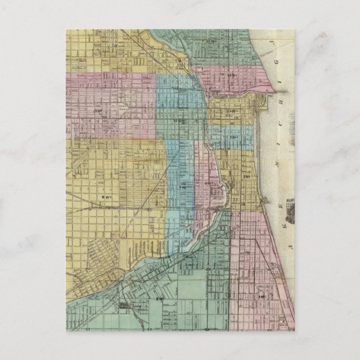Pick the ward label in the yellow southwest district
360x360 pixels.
coord(106,196)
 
